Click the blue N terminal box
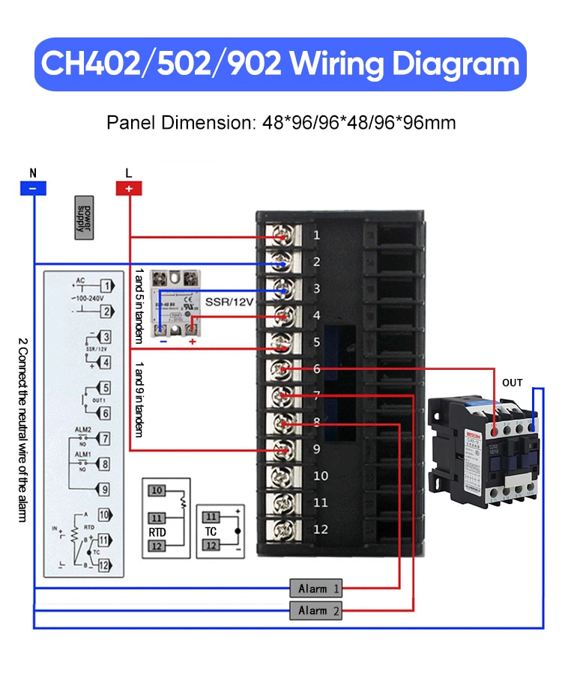[33, 188]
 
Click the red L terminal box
[129, 188]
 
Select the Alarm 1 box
[315, 589]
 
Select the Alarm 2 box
[315, 611]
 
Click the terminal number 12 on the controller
[321, 529]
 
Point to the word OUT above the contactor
[513, 383]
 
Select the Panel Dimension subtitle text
[281, 122]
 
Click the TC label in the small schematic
[211, 532]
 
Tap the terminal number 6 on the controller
[316, 368]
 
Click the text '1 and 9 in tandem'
[139, 400]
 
